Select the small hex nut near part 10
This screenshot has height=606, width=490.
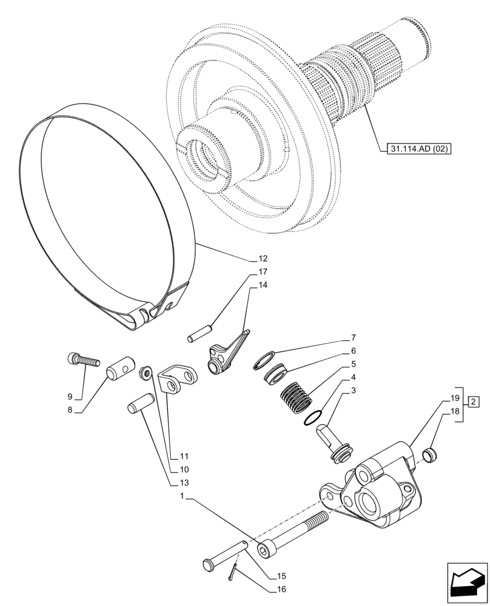[x=146, y=372]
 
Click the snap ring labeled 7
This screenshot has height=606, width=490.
[x=266, y=359]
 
